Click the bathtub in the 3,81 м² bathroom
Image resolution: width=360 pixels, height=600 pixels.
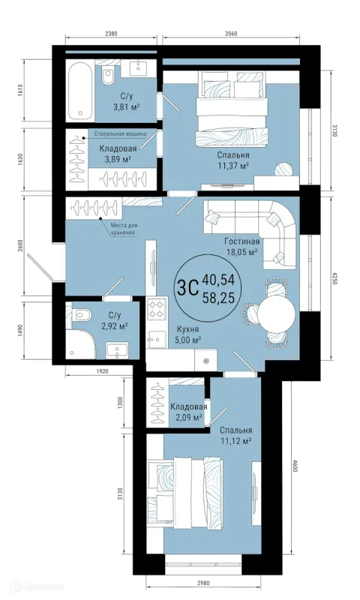click(x=80, y=91)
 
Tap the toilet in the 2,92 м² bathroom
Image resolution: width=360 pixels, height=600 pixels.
click(x=83, y=315)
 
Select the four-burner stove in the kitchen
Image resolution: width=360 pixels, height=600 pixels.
click(x=157, y=309)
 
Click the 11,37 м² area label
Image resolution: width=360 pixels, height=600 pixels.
click(x=233, y=165)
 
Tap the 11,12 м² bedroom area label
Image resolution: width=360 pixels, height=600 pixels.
click(x=235, y=440)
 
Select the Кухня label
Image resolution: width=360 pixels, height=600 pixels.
click(x=187, y=328)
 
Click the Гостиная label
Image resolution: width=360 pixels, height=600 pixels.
click(x=242, y=241)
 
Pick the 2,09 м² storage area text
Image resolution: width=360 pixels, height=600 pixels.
click(x=188, y=417)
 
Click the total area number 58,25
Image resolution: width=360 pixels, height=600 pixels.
click(x=218, y=297)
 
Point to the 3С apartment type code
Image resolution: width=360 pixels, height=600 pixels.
click(x=187, y=288)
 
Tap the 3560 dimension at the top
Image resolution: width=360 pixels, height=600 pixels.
click(x=230, y=33)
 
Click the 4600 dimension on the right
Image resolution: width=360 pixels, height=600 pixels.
click(x=294, y=465)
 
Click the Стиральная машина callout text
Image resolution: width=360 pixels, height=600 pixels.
click(x=120, y=134)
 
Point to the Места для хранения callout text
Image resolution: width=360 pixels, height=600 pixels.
click(x=124, y=229)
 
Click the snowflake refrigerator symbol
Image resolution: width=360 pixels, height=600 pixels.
click(x=205, y=361)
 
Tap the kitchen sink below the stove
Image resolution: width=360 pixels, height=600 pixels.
click(x=157, y=339)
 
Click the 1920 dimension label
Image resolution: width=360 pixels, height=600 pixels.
click(x=103, y=370)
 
